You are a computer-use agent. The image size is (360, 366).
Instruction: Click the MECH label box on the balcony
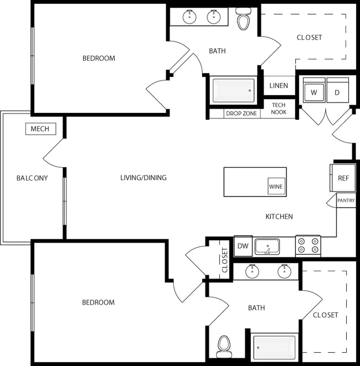pyautogui.click(x=40, y=129)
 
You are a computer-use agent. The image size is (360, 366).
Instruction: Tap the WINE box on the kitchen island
pyautogui.click(x=276, y=187)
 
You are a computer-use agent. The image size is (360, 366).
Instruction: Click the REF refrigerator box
pyautogui.click(x=343, y=178)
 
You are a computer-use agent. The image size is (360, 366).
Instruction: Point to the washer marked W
pyautogui.click(x=314, y=92)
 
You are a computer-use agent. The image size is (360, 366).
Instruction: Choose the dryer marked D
pyautogui.click(x=337, y=92)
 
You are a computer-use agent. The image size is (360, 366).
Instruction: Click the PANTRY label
pyautogui.click(x=346, y=200)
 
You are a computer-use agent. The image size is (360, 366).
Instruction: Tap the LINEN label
pyautogui.click(x=279, y=86)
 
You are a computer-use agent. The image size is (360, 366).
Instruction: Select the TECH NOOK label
pyautogui.click(x=279, y=109)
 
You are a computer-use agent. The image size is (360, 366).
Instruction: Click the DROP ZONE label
pyautogui.click(x=241, y=114)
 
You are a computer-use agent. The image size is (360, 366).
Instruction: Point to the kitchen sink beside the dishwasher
pyautogui.click(x=267, y=247)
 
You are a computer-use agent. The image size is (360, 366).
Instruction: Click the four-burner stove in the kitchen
pyautogui.click(x=308, y=245)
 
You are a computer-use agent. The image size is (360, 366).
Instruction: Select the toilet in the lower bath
pyautogui.click(x=224, y=344)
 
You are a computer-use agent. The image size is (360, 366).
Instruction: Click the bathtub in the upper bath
pyautogui.click(x=234, y=90)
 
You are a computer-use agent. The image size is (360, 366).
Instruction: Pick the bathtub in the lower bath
pyautogui.click(x=275, y=347)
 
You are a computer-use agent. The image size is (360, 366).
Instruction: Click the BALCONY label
pyautogui.click(x=32, y=178)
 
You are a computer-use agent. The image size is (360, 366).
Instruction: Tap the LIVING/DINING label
pyautogui.click(x=143, y=178)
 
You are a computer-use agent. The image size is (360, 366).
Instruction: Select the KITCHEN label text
pyautogui.click(x=279, y=216)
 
